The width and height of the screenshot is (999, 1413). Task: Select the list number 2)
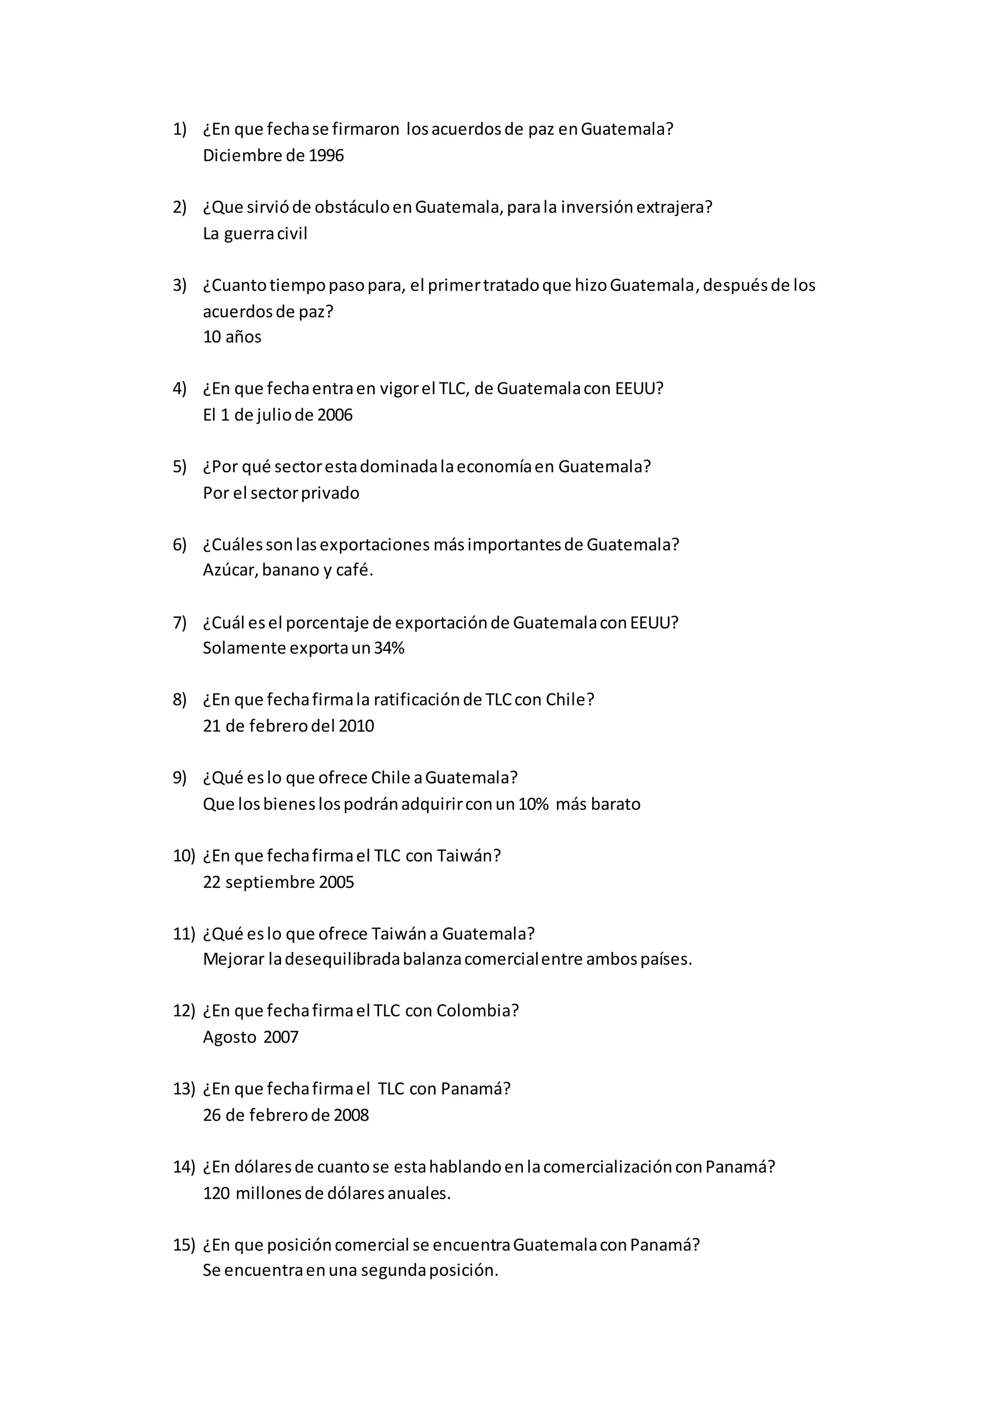point(179,207)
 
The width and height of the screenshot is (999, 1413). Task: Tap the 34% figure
point(389,648)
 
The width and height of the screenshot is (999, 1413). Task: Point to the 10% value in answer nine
point(533,805)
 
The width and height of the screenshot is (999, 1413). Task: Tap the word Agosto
point(229,1038)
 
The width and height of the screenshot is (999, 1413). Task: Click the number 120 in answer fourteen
point(216,1194)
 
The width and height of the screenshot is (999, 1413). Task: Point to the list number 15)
point(183,1245)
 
